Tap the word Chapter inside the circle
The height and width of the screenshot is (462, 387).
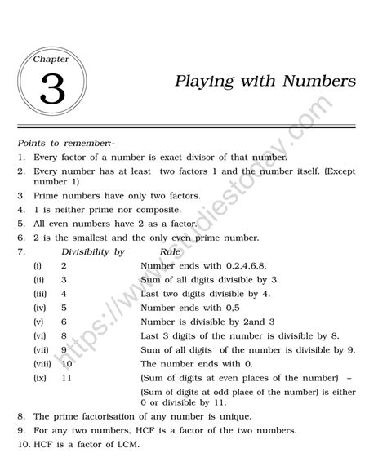click(x=51, y=59)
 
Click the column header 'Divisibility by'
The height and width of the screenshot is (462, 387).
click(x=93, y=252)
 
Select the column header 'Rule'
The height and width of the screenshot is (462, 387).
click(x=170, y=252)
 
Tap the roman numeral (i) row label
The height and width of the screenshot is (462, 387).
click(x=38, y=266)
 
